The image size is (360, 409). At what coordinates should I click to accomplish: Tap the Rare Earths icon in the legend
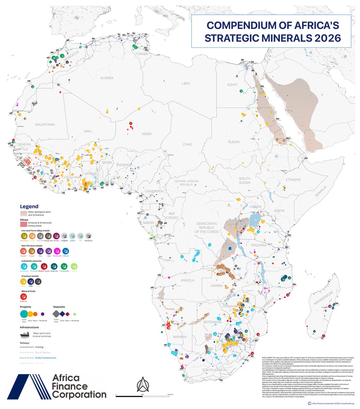click(58, 251)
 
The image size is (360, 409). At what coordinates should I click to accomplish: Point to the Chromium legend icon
click(24, 236)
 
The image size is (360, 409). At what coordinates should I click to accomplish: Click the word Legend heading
click(29, 207)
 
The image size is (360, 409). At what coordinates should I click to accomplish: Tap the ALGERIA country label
click(107, 78)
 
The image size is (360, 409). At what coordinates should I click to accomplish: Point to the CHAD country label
click(187, 145)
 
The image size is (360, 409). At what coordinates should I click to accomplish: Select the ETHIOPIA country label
click(294, 180)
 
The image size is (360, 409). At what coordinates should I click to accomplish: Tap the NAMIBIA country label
click(179, 337)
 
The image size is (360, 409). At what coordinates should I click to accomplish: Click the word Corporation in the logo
click(79, 395)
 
